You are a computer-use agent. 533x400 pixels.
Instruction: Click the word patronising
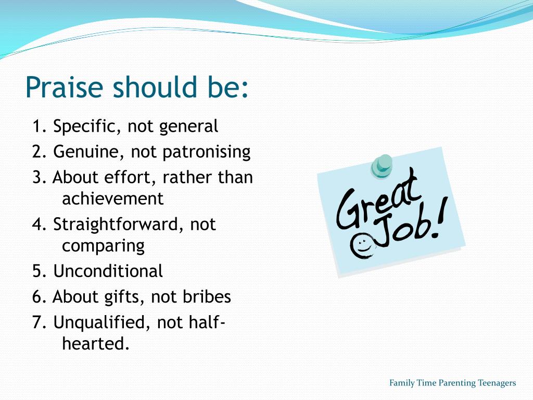[207, 152]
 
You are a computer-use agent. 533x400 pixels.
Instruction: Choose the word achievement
[112, 198]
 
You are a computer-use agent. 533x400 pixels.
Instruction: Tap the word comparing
[103, 245]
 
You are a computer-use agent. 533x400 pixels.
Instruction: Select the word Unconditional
[108, 271]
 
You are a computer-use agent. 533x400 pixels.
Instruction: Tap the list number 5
[37, 271]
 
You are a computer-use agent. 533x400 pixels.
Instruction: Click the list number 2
[37, 152]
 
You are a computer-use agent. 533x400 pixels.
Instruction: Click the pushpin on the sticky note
[383, 166]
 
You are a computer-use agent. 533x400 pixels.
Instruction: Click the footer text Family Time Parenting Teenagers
[452, 383]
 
